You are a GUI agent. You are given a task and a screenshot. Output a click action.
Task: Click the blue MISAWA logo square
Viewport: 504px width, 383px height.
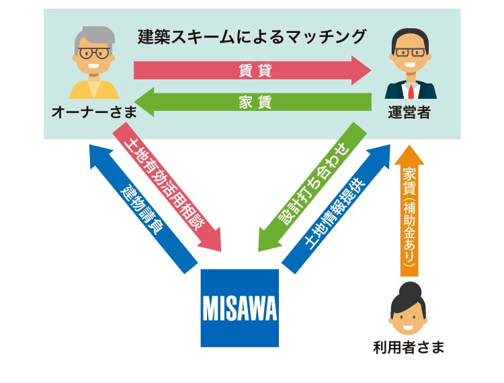click(239, 308)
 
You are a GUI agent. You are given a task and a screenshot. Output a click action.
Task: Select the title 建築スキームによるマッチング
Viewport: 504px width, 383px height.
click(252, 37)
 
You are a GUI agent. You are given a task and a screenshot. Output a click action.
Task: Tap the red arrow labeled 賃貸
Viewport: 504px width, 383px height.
click(252, 71)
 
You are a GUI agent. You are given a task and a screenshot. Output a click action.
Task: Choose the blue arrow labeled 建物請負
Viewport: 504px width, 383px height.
click(143, 209)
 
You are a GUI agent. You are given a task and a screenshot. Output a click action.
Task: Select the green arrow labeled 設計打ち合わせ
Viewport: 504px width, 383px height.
click(312, 186)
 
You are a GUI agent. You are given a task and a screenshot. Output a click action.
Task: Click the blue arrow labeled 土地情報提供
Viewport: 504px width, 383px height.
click(336, 209)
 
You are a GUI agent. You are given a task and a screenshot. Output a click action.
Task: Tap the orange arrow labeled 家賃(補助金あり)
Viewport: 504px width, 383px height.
click(409, 211)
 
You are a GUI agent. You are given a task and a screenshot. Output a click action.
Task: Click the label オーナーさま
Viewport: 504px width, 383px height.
click(94, 112)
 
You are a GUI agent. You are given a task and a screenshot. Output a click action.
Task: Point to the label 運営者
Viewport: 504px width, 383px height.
click(409, 112)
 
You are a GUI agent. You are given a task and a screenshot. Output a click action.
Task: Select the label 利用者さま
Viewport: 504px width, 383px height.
click(409, 347)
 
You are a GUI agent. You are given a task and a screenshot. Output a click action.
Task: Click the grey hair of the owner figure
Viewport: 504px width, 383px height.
click(95, 37)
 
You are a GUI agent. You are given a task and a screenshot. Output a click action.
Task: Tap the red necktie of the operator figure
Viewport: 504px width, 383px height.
click(411, 91)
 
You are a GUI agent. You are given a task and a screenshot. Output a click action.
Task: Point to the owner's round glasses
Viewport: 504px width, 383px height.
click(94, 53)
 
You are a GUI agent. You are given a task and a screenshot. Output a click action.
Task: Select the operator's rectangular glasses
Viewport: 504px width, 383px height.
click(411, 52)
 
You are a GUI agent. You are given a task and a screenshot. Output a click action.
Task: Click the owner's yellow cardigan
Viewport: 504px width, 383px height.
click(94, 89)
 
